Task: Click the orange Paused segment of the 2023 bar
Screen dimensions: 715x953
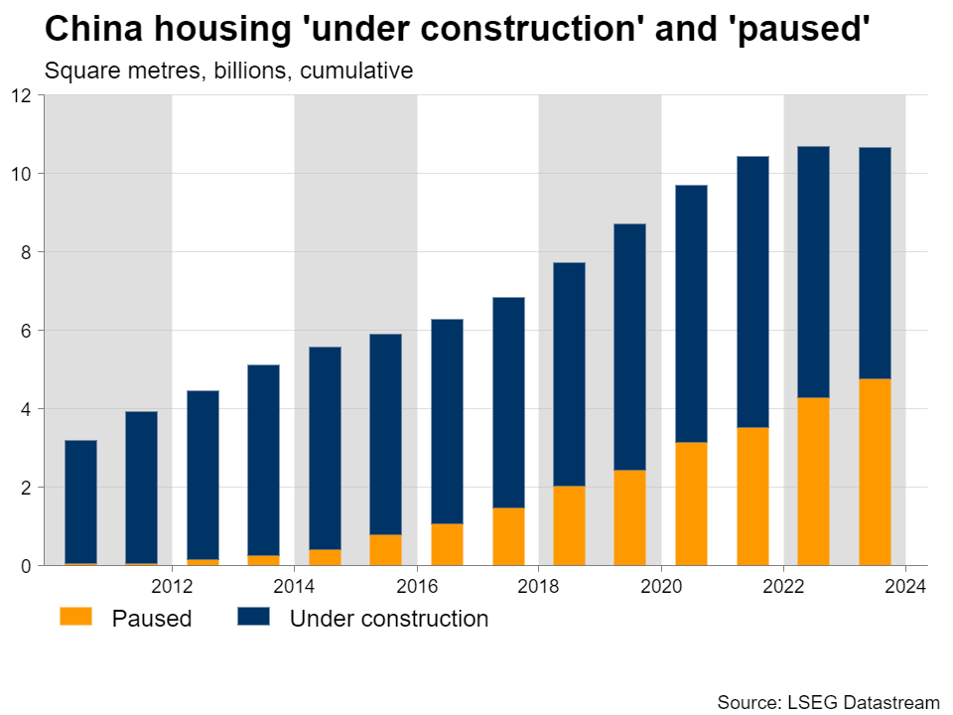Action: click(875, 472)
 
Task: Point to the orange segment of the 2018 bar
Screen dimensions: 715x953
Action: click(569, 525)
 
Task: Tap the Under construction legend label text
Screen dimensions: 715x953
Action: click(388, 619)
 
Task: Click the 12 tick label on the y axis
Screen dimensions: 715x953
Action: click(23, 95)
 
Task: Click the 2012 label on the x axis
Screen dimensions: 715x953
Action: click(172, 584)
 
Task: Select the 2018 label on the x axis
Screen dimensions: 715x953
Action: click(538, 584)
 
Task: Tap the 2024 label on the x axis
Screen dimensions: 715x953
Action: click(905, 584)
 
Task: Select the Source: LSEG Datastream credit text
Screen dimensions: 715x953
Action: click(828, 701)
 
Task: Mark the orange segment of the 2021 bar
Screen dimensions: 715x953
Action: click(752, 496)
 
